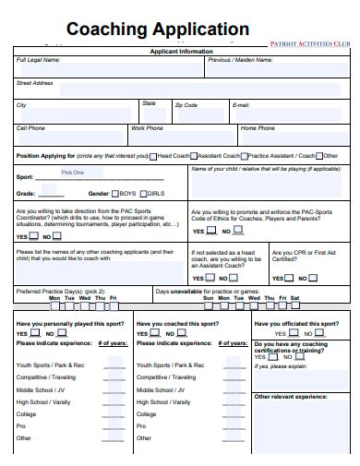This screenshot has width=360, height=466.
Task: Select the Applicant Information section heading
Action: (x=181, y=52)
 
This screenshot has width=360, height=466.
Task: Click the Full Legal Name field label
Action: (x=39, y=60)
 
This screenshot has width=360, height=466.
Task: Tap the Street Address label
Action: (x=35, y=82)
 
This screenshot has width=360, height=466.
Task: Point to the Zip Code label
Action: (x=186, y=105)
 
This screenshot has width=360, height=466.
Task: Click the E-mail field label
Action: (x=241, y=105)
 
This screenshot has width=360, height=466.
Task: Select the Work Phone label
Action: (x=147, y=128)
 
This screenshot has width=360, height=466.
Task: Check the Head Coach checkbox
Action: (x=152, y=156)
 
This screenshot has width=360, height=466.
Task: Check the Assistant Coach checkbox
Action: (x=195, y=156)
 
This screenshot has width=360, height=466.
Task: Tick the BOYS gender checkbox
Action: (x=115, y=194)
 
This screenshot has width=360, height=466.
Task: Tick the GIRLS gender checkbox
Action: (x=143, y=194)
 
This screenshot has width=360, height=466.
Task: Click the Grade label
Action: (x=26, y=194)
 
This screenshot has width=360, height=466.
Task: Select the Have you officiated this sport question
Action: (x=297, y=324)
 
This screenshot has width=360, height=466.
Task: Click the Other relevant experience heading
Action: (x=291, y=396)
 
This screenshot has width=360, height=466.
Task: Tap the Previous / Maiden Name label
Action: (x=240, y=60)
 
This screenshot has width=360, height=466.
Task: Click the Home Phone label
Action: (x=258, y=128)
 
